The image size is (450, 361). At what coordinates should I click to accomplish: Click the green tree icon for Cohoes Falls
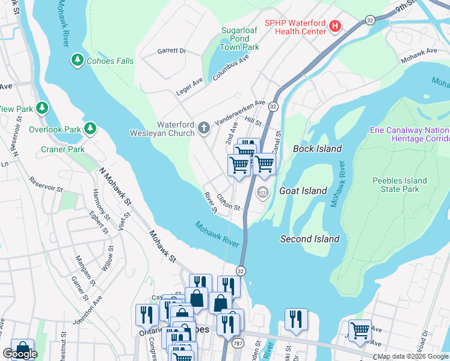coord(77,60)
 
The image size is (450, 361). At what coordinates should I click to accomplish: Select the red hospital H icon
coord(335,26)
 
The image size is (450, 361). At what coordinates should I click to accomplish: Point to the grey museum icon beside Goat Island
coord(262,191)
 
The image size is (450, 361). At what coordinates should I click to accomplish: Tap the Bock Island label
coord(317,149)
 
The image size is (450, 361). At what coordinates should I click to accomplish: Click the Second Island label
coord(310,239)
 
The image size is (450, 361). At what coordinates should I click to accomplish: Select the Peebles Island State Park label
coord(399,185)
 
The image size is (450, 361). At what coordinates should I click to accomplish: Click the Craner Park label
coord(63,149)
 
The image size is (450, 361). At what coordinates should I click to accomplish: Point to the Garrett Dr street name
coord(173,52)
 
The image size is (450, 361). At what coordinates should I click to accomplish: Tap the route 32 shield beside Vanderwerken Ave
coord(273,106)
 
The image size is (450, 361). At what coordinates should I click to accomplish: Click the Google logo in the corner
coord(20,354)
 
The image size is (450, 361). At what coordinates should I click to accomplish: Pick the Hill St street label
coord(253,122)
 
